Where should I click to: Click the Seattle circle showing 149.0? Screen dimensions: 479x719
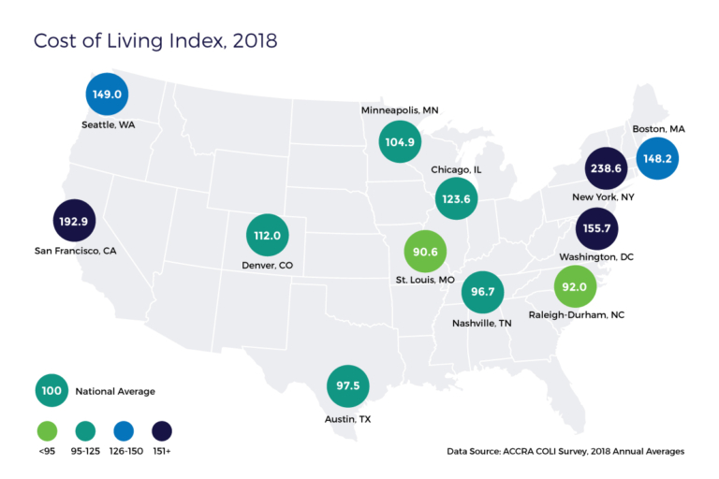(x=107, y=94)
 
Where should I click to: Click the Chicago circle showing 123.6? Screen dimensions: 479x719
(x=457, y=199)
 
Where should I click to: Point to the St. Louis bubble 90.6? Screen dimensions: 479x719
(x=426, y=252)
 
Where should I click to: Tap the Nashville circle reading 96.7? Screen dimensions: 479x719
(x=483, y=292)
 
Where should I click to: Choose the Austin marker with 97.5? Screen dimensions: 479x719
(x=347, y=386)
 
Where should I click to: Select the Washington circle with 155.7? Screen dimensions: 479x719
(x=596, y=228)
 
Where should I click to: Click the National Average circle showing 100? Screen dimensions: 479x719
(x=52, y=390)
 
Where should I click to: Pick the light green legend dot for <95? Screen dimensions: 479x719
(x=48, y=431)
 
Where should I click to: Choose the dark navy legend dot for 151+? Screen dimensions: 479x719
(x=162, y=431)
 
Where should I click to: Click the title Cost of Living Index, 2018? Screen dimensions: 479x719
(x=155, y=42)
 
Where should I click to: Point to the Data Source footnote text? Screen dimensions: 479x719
(x=565, y=451)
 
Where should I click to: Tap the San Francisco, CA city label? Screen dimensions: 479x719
(x=76, y=251)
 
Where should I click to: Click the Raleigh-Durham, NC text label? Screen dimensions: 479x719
(x=577, y=315)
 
